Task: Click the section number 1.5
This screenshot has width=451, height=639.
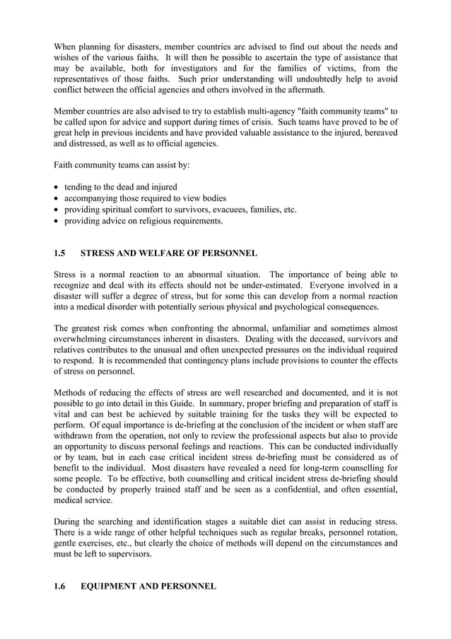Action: point(60,253)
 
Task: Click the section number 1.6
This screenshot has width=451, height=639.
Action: point(60,587)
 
